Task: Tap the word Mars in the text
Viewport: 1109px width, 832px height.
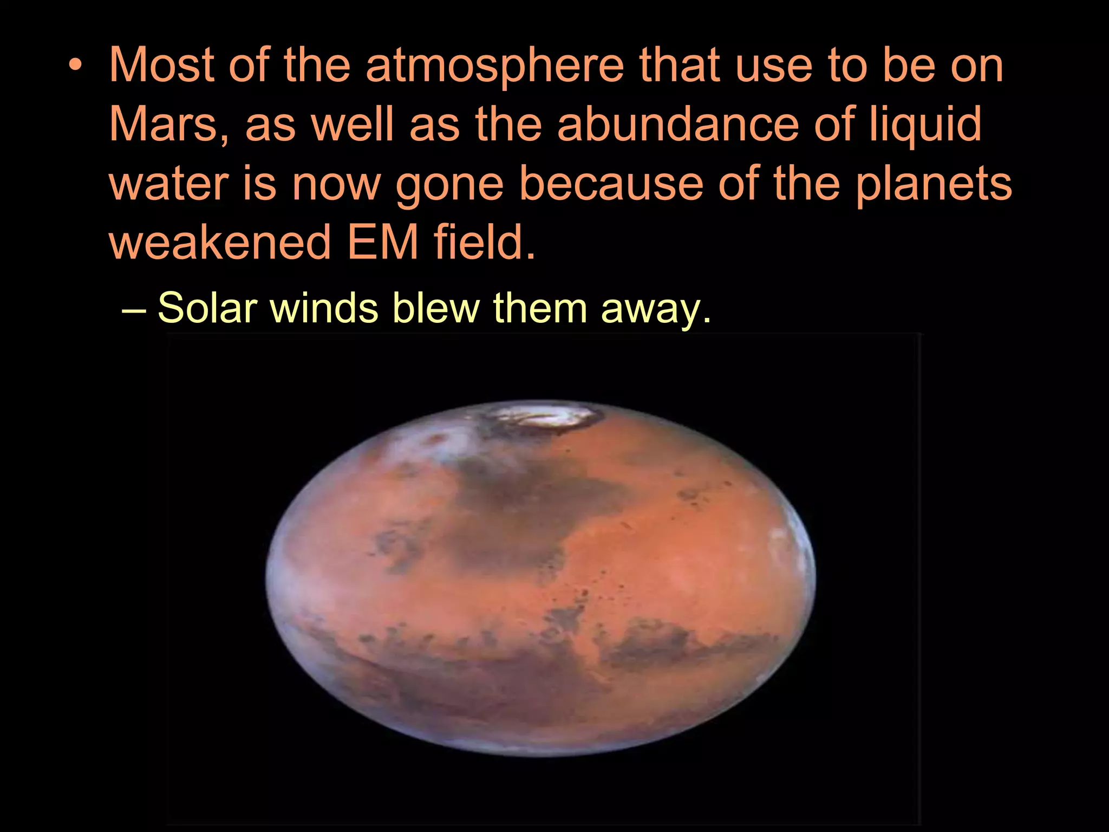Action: point(163,124)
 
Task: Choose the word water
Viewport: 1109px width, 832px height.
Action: point(168,184)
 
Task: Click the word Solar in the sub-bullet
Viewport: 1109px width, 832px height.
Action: point(207,308)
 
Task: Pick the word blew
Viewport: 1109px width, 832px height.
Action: point(435,308)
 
